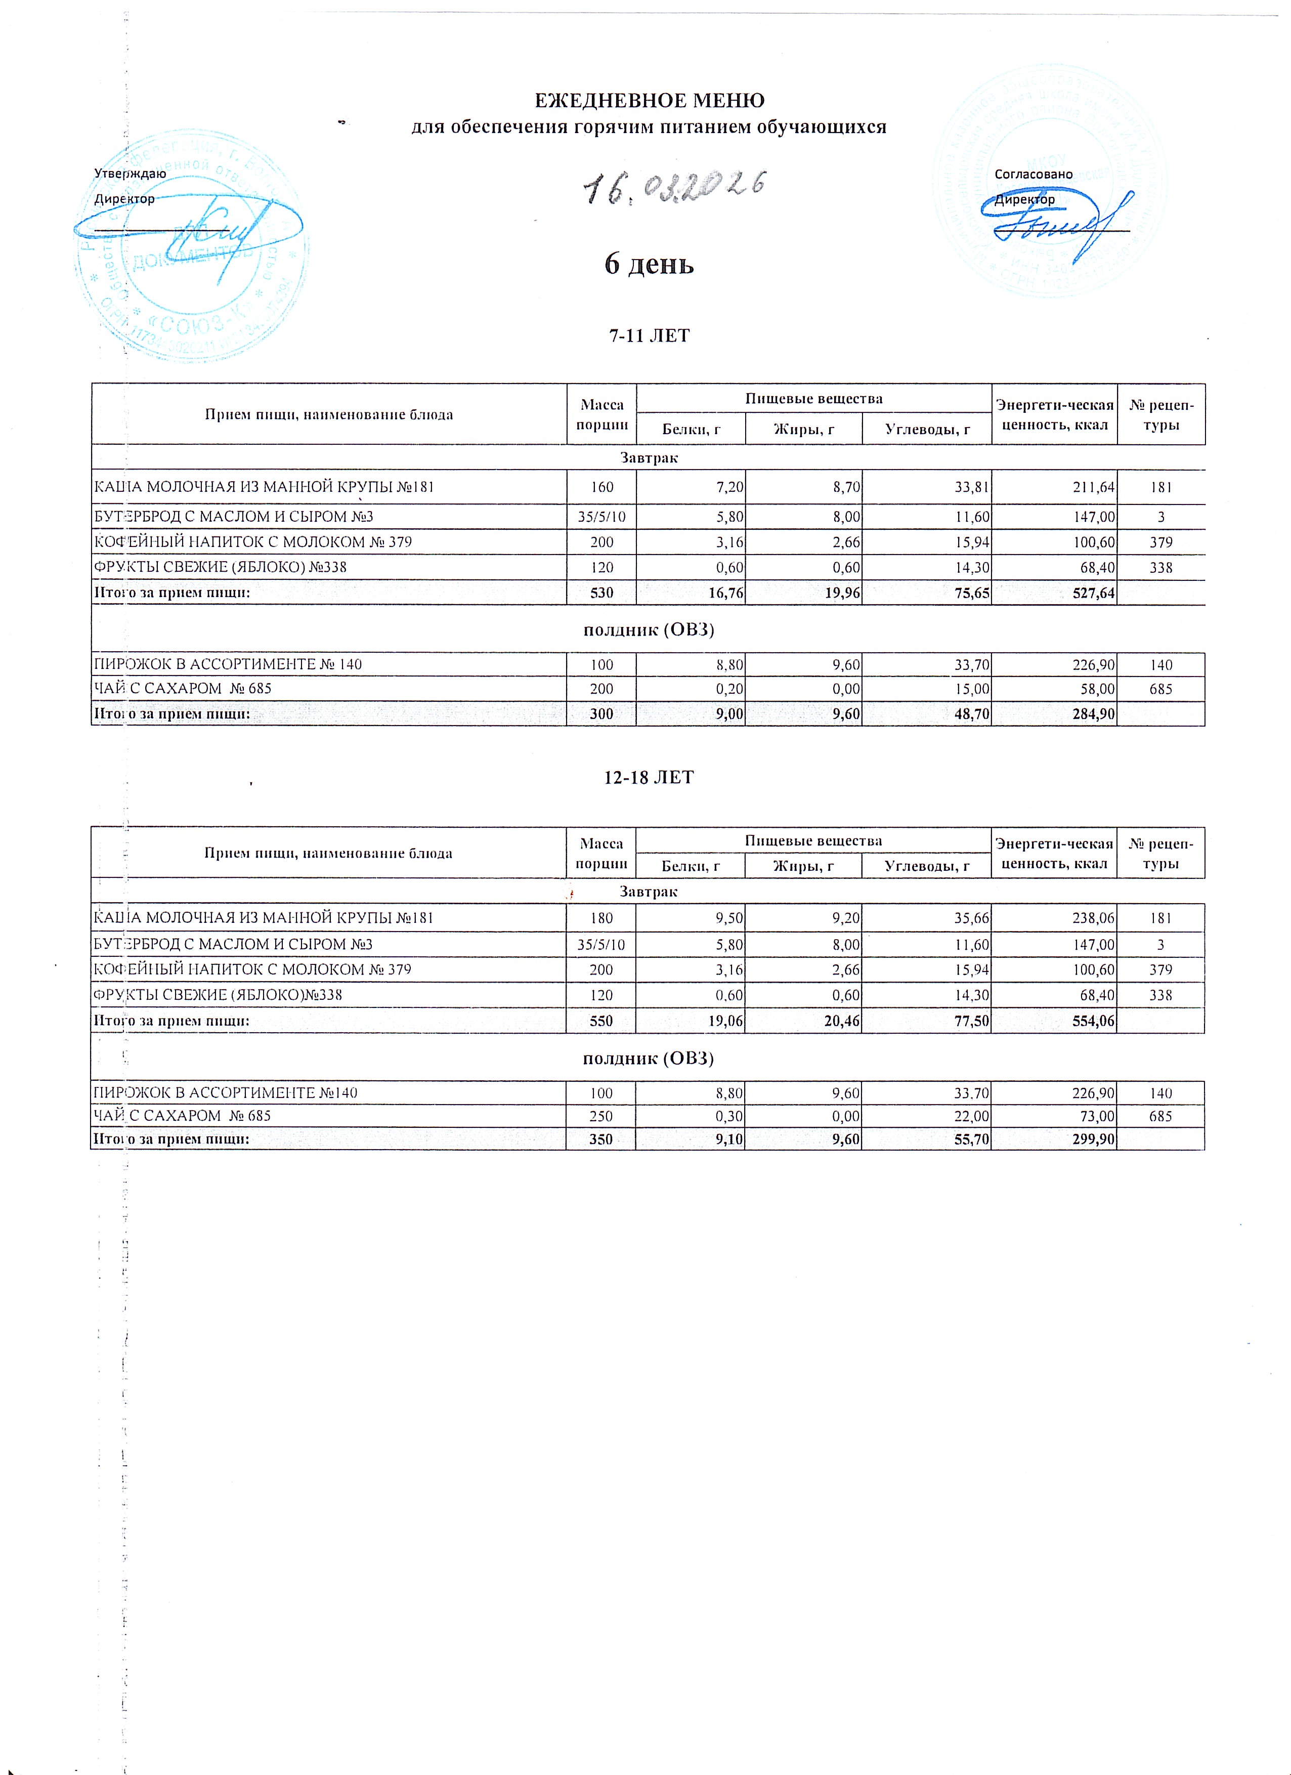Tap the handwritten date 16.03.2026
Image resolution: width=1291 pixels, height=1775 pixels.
pyautogui.click(x=674, y=186)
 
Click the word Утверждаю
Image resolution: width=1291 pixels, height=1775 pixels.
pyautogui.click(x=130, y=174)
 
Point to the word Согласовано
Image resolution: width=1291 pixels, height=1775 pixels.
pyautogui.click(x=1033, y=174)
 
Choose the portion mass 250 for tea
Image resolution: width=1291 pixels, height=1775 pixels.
pyautogui.click(x=601, y=1116)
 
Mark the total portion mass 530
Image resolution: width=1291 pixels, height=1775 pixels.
pyautogui.click(x=601, y=593)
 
